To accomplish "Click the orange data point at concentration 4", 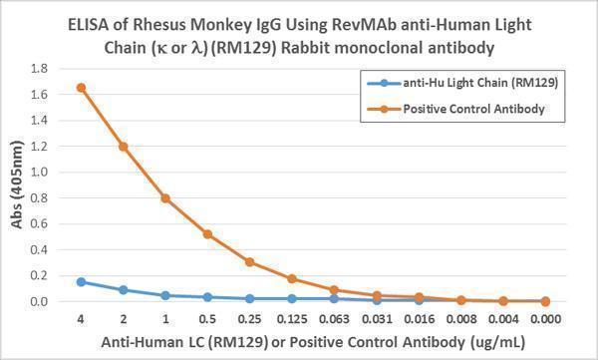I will tap(81, 87).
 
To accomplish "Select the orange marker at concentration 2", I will tap(124, 146).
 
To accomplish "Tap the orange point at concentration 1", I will tap(165, 197).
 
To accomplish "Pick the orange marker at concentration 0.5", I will tap(207, 234).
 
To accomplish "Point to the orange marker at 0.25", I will tap(250, 261).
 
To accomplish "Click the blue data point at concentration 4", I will tap(81, 281).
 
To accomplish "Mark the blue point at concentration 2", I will tap(124, 290).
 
